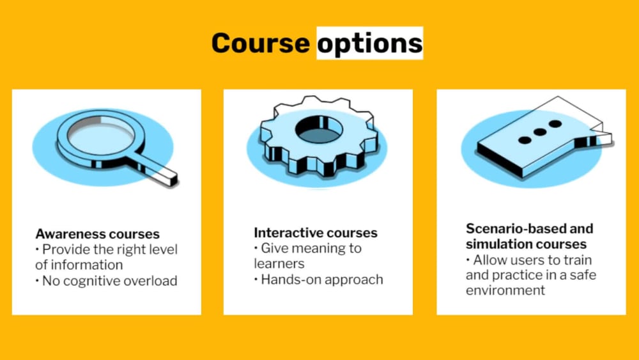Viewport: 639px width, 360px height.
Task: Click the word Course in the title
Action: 260,43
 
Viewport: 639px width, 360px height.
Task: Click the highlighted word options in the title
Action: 370,43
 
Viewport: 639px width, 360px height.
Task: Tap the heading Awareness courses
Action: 97,233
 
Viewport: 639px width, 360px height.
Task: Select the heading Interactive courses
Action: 316,232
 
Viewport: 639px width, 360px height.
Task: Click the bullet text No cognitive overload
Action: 109,280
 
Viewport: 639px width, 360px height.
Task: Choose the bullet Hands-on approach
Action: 321,279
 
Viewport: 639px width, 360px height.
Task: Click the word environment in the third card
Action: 505,290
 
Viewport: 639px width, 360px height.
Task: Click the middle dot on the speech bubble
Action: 539,132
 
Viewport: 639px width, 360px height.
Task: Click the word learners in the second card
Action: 279,263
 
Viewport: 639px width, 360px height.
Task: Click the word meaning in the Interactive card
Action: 319,248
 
